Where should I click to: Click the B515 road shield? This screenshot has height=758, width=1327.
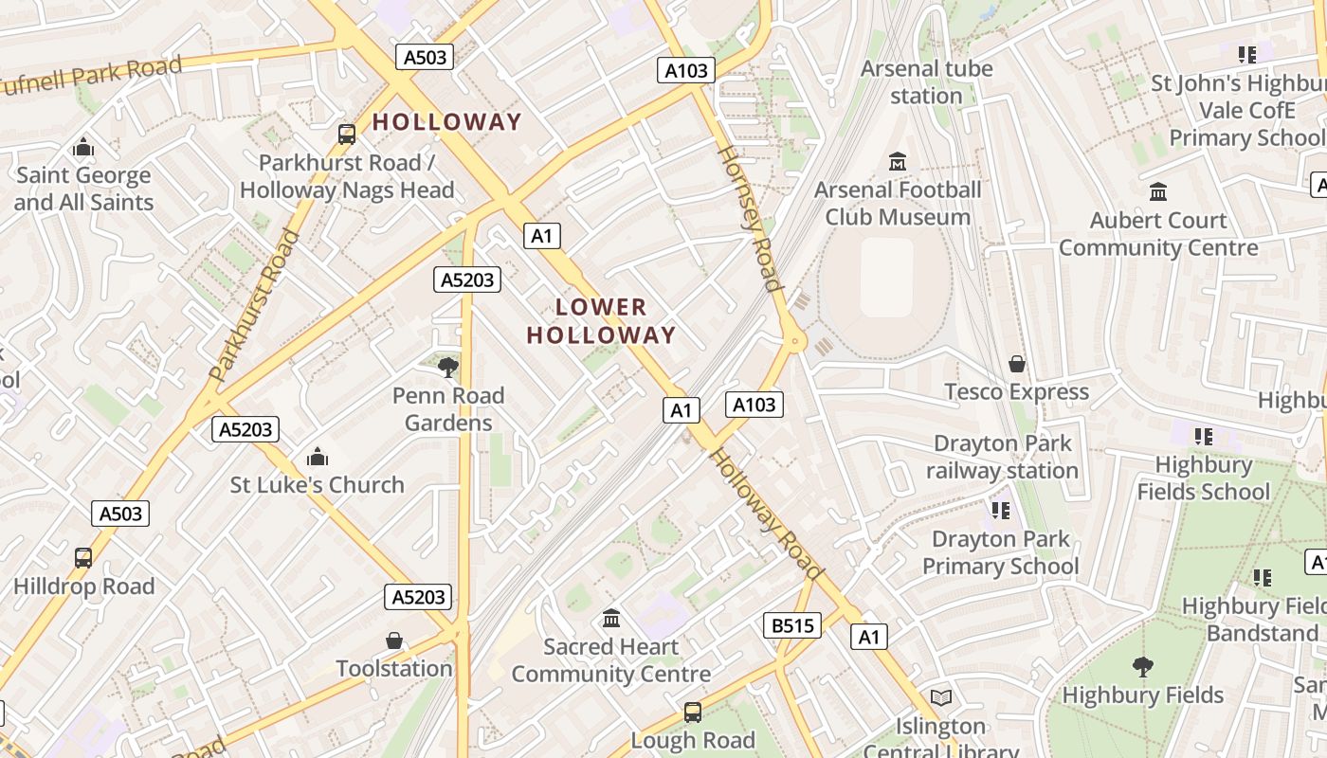791,625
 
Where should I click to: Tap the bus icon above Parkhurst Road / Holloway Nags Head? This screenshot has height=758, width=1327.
347,135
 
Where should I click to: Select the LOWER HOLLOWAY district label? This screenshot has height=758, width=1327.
601,321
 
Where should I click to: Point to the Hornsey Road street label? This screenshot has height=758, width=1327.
750,218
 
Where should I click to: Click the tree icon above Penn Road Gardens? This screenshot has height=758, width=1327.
448,367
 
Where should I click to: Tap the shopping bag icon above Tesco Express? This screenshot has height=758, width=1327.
1017,364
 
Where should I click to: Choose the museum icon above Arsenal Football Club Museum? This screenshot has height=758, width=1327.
898,162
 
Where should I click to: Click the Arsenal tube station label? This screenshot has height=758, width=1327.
926,82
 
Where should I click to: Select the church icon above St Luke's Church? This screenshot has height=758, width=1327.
318,458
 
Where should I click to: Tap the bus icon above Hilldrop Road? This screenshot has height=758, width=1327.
83,558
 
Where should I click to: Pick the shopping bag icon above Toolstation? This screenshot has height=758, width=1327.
394,641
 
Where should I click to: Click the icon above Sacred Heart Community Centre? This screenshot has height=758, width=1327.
611,620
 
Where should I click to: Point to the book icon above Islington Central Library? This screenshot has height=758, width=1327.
941,698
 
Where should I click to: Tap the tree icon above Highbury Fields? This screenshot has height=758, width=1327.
1143,667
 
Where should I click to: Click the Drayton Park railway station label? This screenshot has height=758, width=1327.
1003,457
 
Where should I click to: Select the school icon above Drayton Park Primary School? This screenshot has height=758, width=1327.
1001,512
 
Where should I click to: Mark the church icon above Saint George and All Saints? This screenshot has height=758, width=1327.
83,148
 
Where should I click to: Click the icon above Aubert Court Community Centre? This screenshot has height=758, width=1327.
1158,192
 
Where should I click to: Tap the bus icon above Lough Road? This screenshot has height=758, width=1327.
693,713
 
